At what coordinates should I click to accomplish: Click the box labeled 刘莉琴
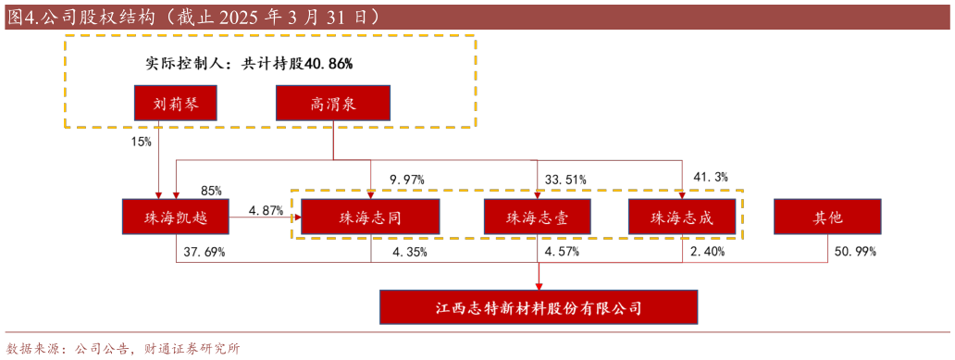point(175,104)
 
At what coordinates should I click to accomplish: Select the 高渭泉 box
point(333,104)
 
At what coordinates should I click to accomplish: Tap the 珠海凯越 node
point(176,217)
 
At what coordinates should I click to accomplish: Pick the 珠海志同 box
point(370,217)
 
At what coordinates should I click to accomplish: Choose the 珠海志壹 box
point(537,217)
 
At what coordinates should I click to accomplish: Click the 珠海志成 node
point(682,217)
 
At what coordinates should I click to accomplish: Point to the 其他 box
point(827,217)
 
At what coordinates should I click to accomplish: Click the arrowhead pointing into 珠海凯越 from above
point(159,195)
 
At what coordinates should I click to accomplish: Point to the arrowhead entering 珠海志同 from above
point(370,195)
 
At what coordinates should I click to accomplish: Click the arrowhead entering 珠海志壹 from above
point(537,195)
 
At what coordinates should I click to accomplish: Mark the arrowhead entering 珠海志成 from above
point(682,195)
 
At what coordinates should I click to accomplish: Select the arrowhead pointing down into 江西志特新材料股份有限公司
point(539,286)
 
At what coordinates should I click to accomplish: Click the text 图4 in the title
point(23,17)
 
